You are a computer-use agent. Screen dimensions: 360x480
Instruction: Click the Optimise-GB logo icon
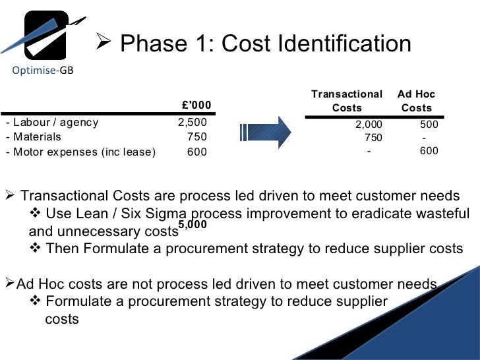(45, 34)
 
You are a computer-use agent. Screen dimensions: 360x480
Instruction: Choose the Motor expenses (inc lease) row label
(80, 152)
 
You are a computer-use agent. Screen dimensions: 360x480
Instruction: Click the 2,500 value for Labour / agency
(192, 122)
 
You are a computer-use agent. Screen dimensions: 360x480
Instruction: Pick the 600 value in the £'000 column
(196, 152)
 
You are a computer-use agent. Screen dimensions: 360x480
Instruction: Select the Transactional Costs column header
(347, 101)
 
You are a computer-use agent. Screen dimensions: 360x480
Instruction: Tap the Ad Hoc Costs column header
(417, 101)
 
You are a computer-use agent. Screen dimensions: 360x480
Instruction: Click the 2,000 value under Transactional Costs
(369, 123)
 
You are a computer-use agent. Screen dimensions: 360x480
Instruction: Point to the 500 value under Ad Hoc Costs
(429, 123)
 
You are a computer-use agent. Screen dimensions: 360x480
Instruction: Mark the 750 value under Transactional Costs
(373, 138)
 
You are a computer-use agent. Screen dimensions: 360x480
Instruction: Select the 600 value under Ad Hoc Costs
(429, 151)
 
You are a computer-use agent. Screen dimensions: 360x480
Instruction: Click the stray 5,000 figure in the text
(193, 225)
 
